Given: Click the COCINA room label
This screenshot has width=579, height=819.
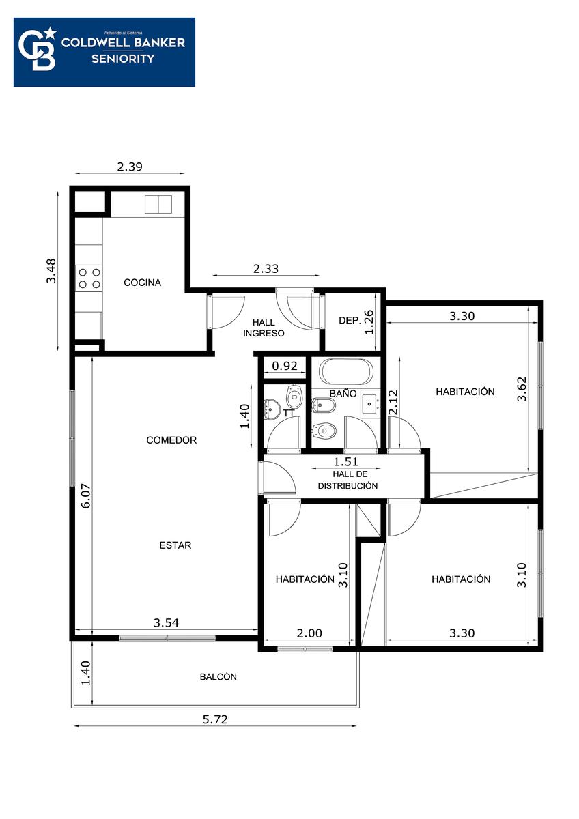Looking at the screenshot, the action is [142, 283].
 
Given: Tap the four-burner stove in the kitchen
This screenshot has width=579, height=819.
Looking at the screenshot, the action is [89, 278].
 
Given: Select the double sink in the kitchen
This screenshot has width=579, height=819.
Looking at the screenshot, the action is [158, 204].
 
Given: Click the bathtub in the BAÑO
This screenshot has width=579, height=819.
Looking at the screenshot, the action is [345, 371].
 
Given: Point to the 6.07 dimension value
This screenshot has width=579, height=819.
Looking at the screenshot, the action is [86, 495].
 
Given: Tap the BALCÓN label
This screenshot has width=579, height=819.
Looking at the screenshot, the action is [218, 676].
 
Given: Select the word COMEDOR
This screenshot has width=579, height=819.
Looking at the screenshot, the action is [171, 440].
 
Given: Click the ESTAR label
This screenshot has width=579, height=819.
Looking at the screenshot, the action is [175, 545].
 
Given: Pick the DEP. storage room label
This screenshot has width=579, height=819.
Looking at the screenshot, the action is [350, 321].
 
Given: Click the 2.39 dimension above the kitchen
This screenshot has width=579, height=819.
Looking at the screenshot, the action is [130, 167].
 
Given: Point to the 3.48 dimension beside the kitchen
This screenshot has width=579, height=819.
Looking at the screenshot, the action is [52, 271].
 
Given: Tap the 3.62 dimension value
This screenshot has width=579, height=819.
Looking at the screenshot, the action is [522, 389].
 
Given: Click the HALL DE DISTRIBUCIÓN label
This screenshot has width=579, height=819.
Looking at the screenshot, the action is [348, 480].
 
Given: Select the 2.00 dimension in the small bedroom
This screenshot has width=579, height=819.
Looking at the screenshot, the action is [309, 633].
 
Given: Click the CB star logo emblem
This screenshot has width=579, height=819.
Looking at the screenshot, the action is [38, 49].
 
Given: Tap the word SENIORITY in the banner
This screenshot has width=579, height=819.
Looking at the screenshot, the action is [123, 59].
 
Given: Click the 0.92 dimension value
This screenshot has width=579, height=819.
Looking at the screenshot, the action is [285, 366].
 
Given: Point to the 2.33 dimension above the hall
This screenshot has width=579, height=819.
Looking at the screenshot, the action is [266, 269].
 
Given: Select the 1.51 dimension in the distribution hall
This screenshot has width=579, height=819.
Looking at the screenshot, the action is [345, 461].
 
